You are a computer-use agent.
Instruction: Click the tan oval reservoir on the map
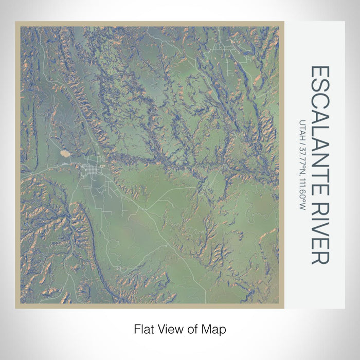67,153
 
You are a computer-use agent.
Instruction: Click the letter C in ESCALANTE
319,101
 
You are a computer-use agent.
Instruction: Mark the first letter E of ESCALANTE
319,71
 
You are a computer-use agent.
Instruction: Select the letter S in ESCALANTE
319,86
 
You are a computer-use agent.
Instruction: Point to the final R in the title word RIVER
319,258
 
